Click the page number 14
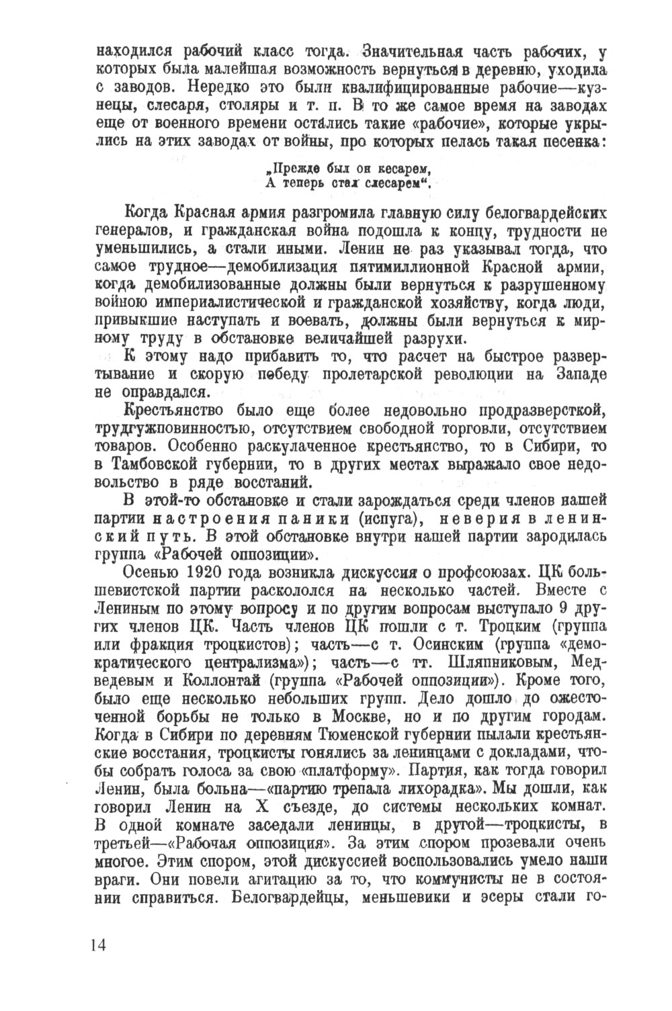pyautogui.click(x=97, y=944)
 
